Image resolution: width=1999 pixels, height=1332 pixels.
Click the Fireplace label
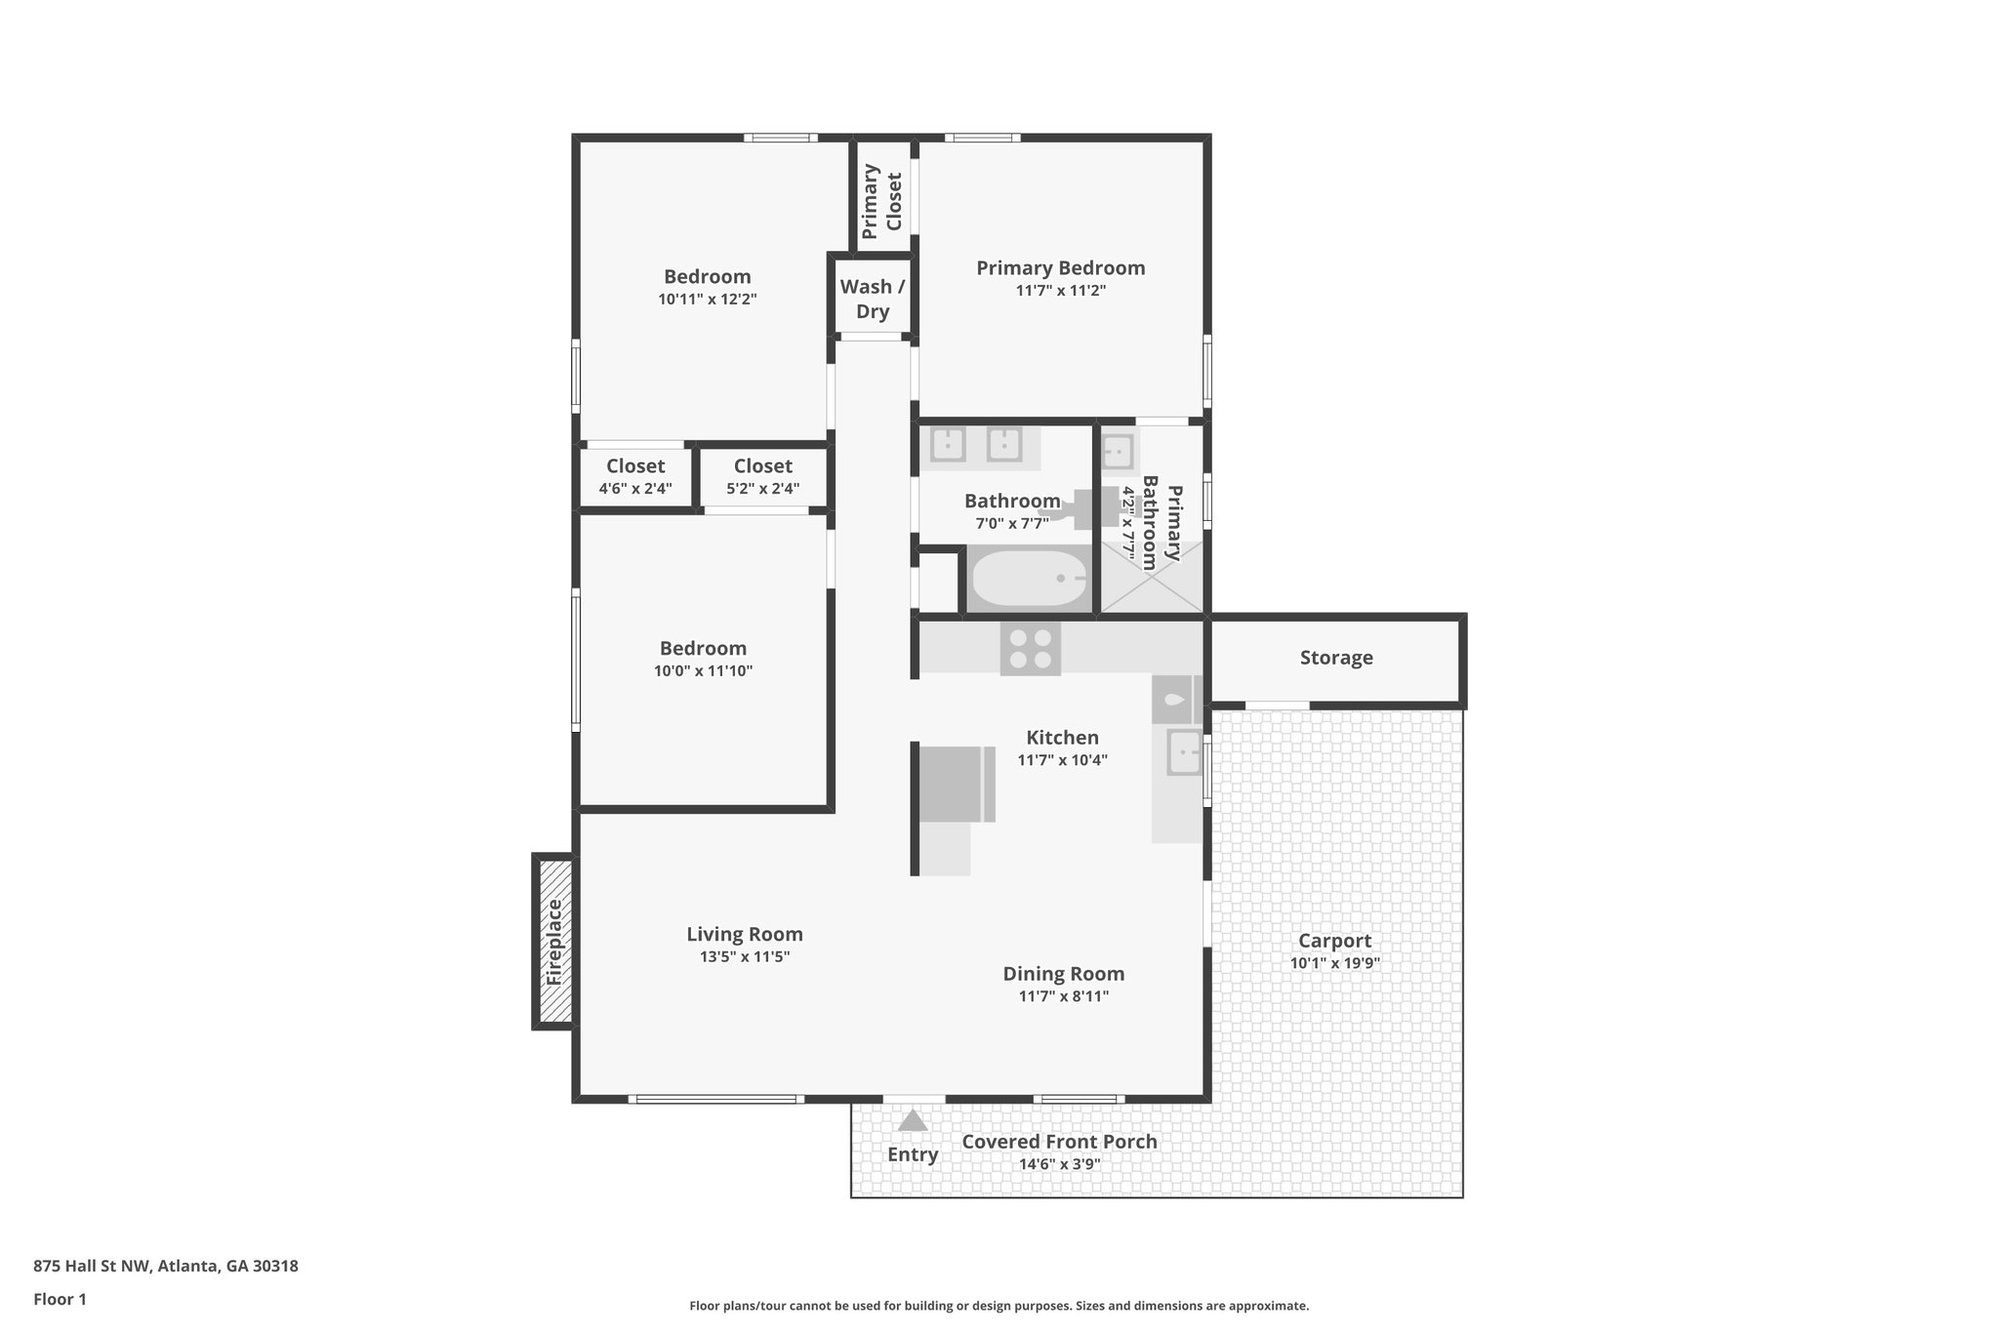(554, 941)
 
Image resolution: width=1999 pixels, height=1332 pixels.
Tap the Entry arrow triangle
(913, 1120)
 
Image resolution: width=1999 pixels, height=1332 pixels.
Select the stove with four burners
(1031, 649)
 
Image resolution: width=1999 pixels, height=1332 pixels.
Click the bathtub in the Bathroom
(1028, 579)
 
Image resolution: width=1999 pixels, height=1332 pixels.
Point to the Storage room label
(1335, 658)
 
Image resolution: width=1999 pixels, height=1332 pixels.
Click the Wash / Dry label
(873, 299)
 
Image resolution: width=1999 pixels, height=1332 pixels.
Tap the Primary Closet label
(882, 201)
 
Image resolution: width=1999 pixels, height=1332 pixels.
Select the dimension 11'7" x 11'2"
(1060, 291)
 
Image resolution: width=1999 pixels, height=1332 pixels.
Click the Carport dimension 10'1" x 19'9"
(1334, 963)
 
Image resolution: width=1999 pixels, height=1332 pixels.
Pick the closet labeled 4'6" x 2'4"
(635, 476)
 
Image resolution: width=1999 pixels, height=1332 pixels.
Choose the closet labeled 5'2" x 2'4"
(763, 476)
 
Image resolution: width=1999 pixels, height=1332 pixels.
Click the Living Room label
(744, 934)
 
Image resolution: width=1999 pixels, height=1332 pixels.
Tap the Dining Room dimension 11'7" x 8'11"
(1063, 996)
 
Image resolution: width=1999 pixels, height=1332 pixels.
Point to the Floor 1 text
(60, 1300)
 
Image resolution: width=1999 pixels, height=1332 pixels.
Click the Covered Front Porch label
(1059, 1142)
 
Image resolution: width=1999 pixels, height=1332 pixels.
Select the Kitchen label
(1062, 738)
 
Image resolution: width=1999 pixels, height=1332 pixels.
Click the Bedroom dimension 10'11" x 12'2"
(707, 300)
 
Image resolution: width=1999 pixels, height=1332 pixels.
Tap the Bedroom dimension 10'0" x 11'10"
(703, 671)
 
